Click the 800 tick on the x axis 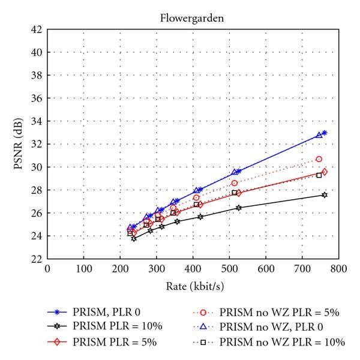point(338,268)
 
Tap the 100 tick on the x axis point(83,268)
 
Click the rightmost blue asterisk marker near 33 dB point(325,133)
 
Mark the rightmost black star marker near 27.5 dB point(325,195)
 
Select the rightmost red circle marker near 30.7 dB point(319,159)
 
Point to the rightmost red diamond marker point(325,172)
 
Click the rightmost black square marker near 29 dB point(319,175)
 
